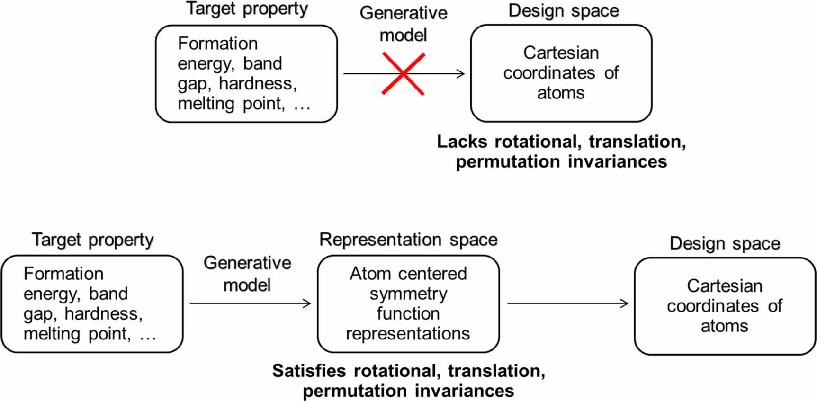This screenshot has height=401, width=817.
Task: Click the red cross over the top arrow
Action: (403, 74)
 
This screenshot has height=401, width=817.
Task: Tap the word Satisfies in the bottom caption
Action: (309, 371)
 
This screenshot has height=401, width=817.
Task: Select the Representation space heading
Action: (408, 240)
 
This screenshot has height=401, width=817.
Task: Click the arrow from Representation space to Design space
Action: (567, 303)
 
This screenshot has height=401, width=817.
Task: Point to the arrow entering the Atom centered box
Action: (250, 303)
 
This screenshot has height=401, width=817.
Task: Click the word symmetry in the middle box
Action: (408, 294)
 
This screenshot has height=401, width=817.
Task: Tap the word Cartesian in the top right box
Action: (561, 53)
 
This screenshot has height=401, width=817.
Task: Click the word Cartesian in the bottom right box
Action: (725, 286)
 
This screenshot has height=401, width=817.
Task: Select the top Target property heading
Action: (247, 9)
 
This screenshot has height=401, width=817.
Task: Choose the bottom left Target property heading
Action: (93, 240)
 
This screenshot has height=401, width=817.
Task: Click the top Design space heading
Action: (564, 10)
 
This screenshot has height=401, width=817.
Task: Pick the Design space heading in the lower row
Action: (725, 243)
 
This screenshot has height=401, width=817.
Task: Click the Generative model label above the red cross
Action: (404, 24)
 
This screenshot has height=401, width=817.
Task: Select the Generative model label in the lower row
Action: (247, 274)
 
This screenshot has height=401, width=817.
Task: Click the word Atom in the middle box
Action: (370, 274)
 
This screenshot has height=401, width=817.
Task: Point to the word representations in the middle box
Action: (408, 334)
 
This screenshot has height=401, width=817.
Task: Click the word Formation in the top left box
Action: (218, 44)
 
